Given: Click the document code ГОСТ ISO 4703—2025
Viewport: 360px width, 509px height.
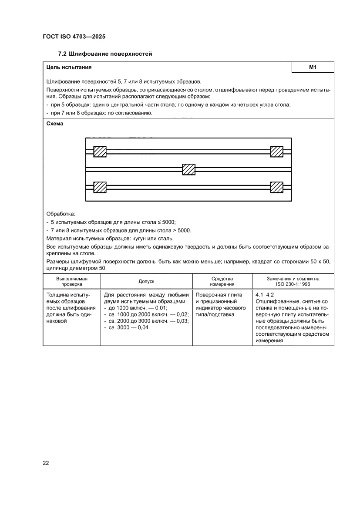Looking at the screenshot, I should click(x=74, y=37).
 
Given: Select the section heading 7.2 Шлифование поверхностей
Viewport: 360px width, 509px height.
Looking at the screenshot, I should click(x=105, y=54).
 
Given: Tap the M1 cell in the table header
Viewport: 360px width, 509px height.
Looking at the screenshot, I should click(x=312, y=67).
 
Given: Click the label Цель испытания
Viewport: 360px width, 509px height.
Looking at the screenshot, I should click(x=69, y=67).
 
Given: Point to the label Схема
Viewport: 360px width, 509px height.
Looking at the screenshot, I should click(x=54, y=124).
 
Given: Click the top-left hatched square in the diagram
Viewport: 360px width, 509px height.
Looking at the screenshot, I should click(x=100, y=152).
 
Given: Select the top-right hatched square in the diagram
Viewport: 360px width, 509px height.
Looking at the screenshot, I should click(x=276, y=152).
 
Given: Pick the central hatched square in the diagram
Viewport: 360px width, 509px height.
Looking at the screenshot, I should click(x=188, y=169).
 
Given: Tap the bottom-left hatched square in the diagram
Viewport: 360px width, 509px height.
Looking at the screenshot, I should click(x=100, y=187).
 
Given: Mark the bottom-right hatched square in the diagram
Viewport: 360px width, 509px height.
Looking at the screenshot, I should click(x=276, y=187).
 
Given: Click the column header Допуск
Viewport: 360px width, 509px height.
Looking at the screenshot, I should click(x=146, y=281).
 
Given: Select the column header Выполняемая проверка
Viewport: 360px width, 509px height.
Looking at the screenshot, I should click(x=72, y=281).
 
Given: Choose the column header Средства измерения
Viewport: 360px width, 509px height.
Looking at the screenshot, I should click(x=222, y=281).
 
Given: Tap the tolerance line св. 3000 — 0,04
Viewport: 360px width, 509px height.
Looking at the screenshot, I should click(x=127, y=327).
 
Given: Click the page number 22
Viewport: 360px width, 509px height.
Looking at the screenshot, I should click(x=46, y=463).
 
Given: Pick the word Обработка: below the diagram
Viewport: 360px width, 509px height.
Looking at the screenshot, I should click(x=61, y=214).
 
